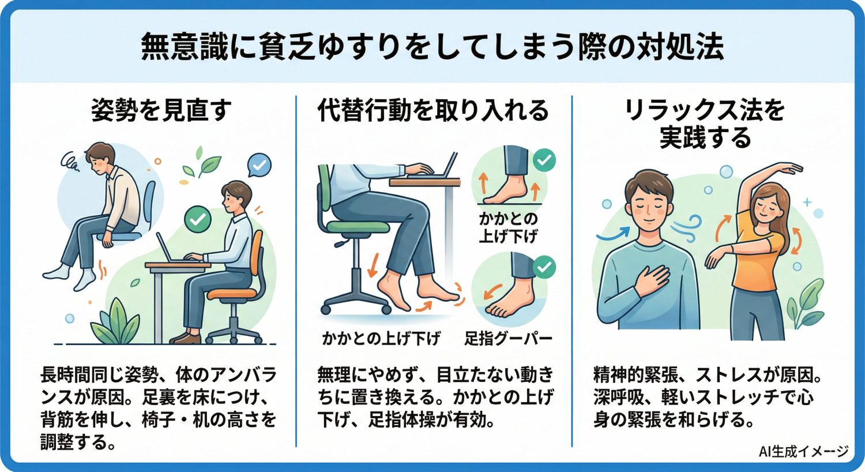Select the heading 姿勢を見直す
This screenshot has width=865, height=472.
(x=161, y=110)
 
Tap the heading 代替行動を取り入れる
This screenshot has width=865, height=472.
(x=432, y=110)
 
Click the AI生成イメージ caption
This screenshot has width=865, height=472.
(x=803, y=452)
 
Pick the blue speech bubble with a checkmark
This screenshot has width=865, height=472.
(x=259, y=166)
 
